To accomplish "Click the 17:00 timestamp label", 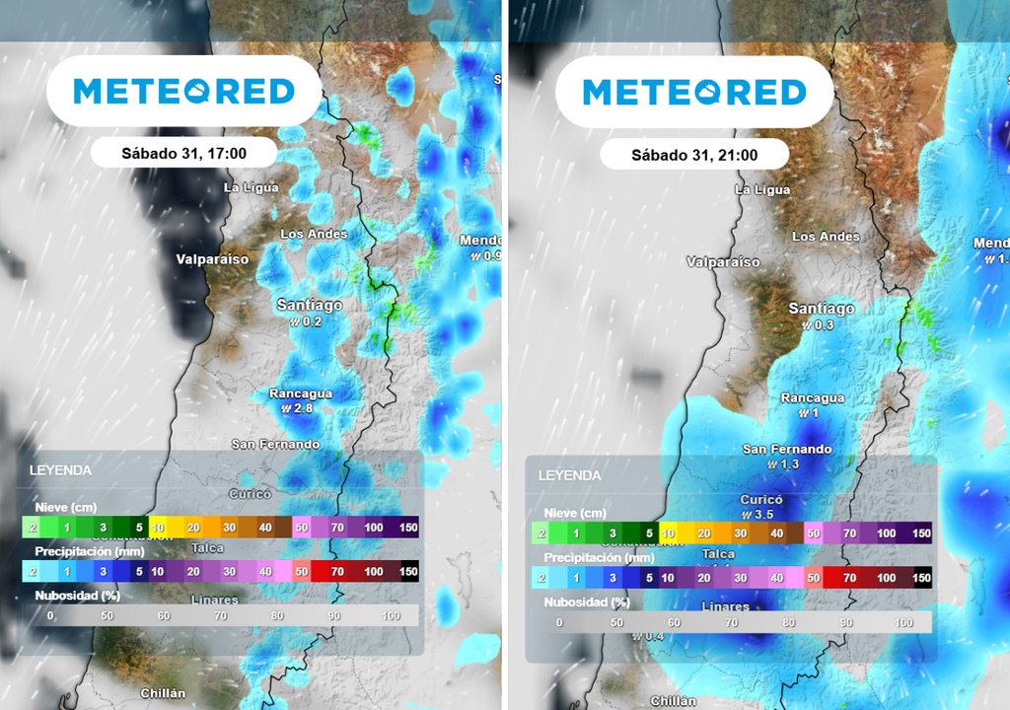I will tap(183, 153).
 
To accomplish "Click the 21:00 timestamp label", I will tap(694, 155).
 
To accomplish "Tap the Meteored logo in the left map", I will tap(184, 91).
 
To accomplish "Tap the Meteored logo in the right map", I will tap(694, 93).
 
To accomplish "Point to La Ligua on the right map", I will tap(764, 189).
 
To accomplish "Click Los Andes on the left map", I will tap(314, 234).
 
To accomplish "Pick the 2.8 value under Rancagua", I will tap(303, 408).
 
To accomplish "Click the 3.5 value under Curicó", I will tap(760, 515).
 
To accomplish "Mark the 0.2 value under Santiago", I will tap(312, 321).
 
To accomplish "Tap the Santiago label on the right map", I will tap(822, 309).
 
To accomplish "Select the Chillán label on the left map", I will tap(163, 693).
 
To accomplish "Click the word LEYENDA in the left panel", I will tap(60, 470).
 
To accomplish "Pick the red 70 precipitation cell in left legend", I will tap(337, 571).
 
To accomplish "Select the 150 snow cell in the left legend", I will tap(408, 528).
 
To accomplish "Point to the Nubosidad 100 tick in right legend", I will tap(903, 622).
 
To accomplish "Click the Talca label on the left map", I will tap(208, 547).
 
